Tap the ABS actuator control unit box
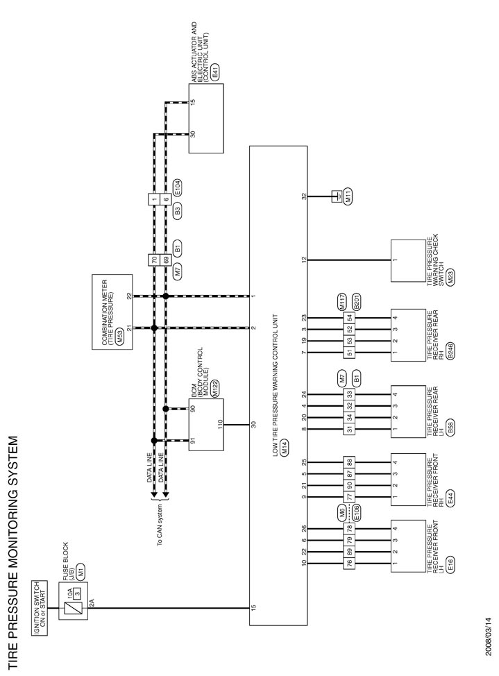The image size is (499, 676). (206, 119)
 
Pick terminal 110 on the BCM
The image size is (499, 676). (220, 424)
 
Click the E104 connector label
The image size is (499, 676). (178, 187)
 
